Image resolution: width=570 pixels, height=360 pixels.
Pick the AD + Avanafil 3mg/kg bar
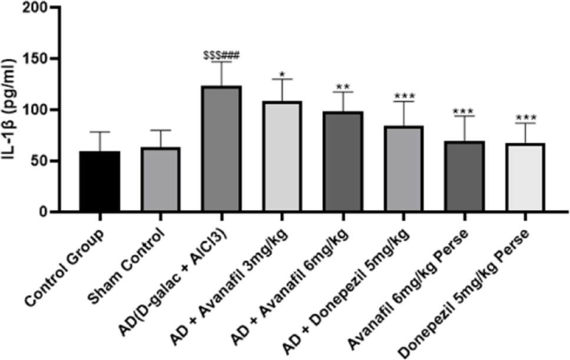click(x=282, y=156)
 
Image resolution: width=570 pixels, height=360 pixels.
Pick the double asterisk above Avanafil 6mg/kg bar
click(x=343, y=88)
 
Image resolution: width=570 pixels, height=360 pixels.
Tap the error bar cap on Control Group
click(x=101, y=132)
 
